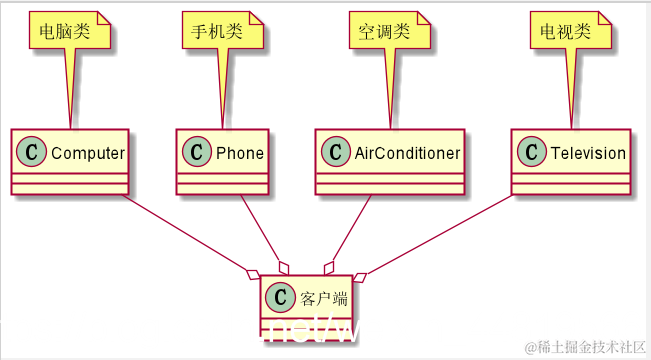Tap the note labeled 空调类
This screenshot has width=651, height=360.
coord(386,31)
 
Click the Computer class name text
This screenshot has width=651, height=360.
coord(87,153)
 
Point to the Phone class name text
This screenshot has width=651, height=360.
coord(240,153)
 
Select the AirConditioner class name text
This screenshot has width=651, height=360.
coord(407,153)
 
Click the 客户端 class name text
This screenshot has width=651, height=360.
coord(322,297)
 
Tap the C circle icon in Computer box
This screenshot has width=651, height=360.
coord(33,153)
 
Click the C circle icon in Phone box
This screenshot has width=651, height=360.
coord(198,153)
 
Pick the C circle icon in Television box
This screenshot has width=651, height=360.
coord(529,153)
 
